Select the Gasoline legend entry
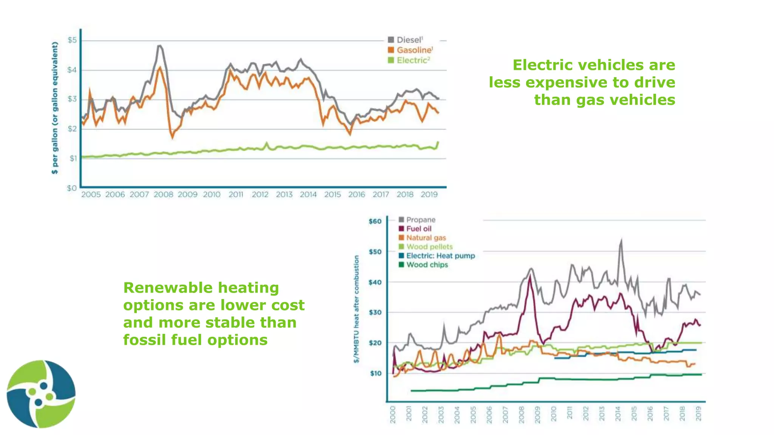pyautogui.click(x=413, y=50)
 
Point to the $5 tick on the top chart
pyautogui.click(x=72, y=40)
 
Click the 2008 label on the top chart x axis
pyautogui.click(x=163, y=194)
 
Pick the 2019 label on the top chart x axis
pyautogui.click(x=429, y=194)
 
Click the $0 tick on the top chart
pyautogui.click(x=72, y=188)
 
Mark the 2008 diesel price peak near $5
pyautogui.click(x=160, y=46)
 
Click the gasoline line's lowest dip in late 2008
pyautogui.click(x=173, y=138)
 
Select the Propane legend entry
pyautogui.click(x=420, y=220)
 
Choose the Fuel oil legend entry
pyautogui.click(x=418, y=229)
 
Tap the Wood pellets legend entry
pyautogui.click(x=429, y=247)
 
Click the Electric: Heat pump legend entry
pyautogui.click(x=440, y=256)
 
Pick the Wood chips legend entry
pyautogui.click(x=427, y=265)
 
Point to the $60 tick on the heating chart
pyautogui.click(x=375, y=221)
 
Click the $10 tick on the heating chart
pyautogui.click(x=375, y=373)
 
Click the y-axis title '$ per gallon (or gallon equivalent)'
pyautogui.click(x=55, y=108)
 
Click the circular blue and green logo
pyautogui.click(x=41, y=394)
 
